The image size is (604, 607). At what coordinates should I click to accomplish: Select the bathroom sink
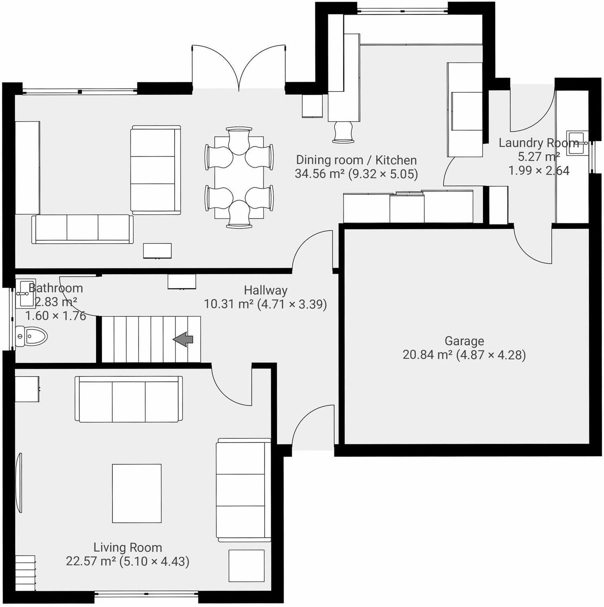coord(25,294)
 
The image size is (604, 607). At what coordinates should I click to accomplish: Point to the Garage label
coord(464,341)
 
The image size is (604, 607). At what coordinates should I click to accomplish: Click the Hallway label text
coord(265,290)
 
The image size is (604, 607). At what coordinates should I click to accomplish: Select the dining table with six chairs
coord(239,177)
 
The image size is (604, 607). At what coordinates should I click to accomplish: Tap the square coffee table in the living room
coord(137,493)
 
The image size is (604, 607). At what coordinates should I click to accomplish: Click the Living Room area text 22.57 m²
coord(91,561)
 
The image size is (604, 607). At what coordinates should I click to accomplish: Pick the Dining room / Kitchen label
coord(356,160)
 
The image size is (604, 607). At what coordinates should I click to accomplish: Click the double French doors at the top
coord(239,68)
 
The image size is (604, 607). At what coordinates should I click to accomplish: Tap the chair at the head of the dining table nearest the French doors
coord(239,139)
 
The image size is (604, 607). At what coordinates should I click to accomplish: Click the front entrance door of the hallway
coord(313,426)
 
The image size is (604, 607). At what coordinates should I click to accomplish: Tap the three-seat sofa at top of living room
coord(129,399)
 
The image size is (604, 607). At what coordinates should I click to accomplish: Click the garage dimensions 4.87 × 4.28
coord(491,355)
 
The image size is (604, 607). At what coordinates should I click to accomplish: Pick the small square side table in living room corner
coord(247,566)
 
